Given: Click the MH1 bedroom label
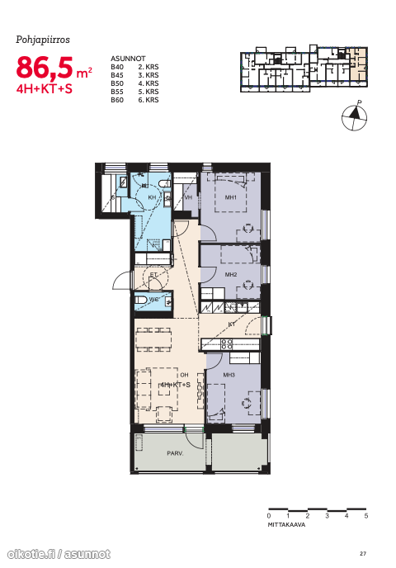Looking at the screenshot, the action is click(x=230, y=197).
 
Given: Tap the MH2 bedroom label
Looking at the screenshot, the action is click(x=230, y=275).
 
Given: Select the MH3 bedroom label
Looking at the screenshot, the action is click(x=229, y=375).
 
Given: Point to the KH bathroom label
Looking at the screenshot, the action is click(x=152, y=197).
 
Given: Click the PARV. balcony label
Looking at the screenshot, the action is click(x=175, y=453).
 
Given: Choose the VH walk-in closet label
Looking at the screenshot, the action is click(x=188, y=197).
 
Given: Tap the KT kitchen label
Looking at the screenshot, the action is click(x=232, y=324).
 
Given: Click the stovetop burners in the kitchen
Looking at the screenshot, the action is click(x=227, y=344).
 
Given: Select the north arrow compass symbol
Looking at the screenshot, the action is click(x=355, y=116).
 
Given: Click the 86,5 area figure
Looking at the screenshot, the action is click(x=45, y=68).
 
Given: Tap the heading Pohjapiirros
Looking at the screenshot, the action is click(x=43, y=40).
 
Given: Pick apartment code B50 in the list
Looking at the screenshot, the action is click(x=117, y=83).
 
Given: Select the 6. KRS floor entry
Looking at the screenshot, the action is click(x=148, y=100).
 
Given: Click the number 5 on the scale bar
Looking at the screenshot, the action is click(x=366, y=516).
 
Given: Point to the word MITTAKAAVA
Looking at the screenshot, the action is click(x=286, y=524).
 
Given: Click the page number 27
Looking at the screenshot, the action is click(x=363, y=553).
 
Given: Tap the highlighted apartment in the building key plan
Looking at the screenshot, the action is click(x=357, y=64).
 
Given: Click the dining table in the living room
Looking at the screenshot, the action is click(x=153, y=340).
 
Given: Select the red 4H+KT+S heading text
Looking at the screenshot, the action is click(x=45, y=89).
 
